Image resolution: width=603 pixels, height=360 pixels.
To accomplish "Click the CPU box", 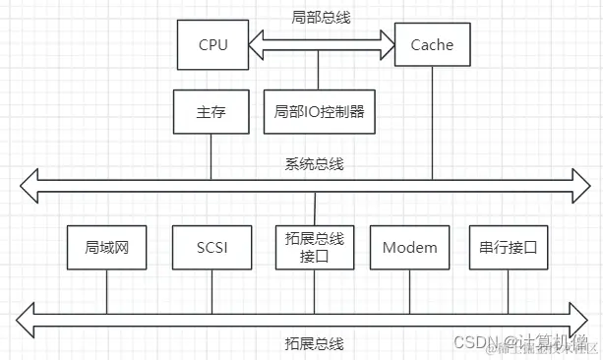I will pos(211,44).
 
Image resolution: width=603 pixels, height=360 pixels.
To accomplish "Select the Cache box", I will pos(432,44).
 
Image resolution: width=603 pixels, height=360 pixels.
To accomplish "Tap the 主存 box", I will pos(211,112).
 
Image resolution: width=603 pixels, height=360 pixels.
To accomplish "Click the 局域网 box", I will pos(106,247).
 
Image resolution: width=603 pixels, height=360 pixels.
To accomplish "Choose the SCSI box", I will pos(211,247).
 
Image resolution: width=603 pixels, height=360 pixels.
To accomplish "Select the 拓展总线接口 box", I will pos(314,247).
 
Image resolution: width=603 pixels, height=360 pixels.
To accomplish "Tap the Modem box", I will pos(409,247).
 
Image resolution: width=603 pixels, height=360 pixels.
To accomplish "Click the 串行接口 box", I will pos(508,247).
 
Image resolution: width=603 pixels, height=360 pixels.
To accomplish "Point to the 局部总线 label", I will pos(319,17).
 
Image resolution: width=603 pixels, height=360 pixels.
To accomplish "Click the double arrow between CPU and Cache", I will pos(320,43).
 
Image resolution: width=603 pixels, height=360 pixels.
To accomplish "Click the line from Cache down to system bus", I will pos(432,123).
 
